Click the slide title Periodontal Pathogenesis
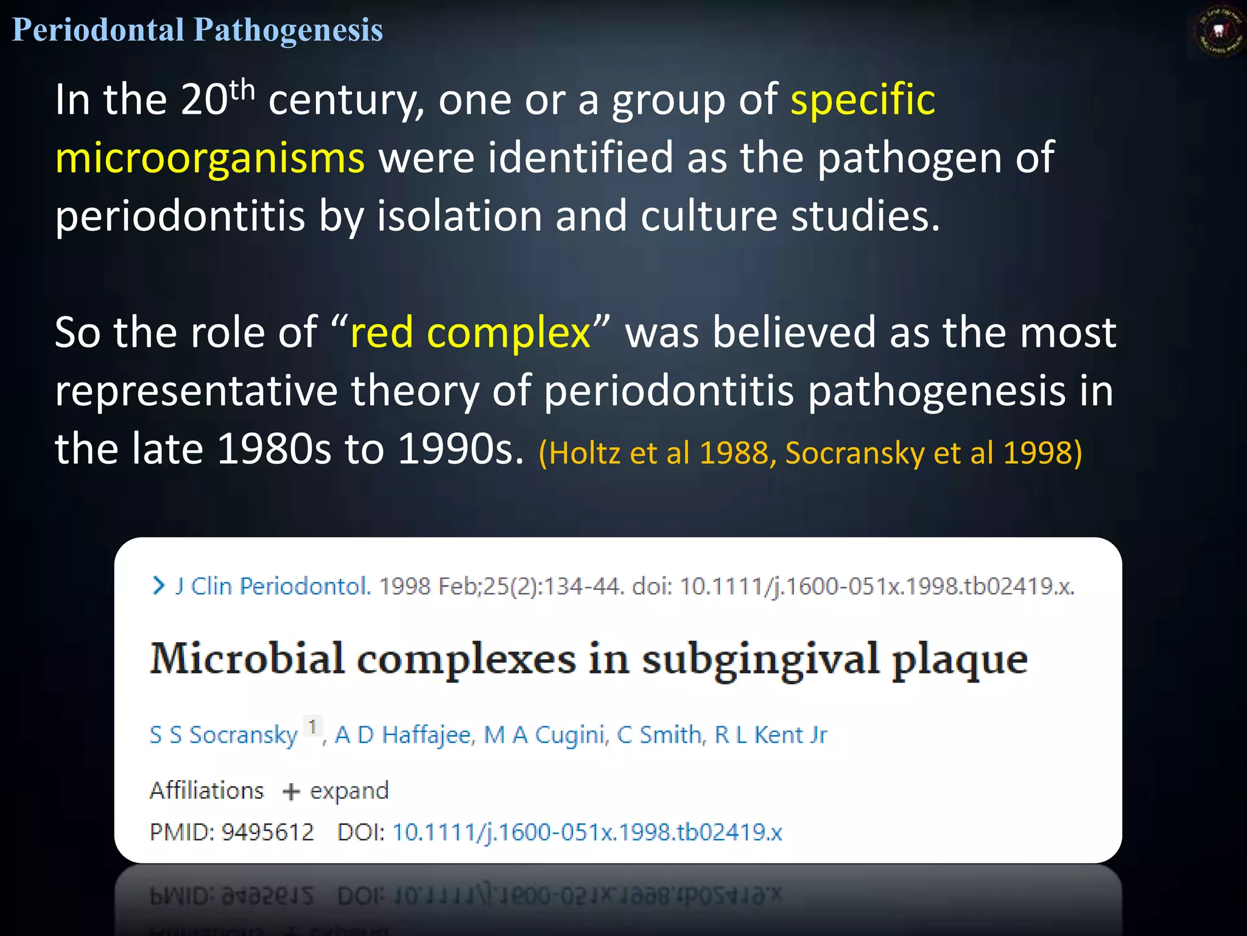pyautogui.click(x=197, y=30)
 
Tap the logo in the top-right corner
pyautogui.click(x=1218, y=31)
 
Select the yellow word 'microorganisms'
pyautogui.click(x=210, y=158)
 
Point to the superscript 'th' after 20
pyautogui.click(x=242, y=90)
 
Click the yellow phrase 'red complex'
pyautogui.click(x=470, y=333)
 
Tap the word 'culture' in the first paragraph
pyautogui.click(x=708, y=216)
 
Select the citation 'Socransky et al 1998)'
pyautogui.click(x=933, y=453)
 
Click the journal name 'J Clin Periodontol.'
pyautogui.click(x=273, y=586)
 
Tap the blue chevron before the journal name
pyautogui.click(x=158, y=586)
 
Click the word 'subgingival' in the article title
pyautogui.click(x=760, y=660)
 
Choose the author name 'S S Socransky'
pyautogui.click(x=223, y=735)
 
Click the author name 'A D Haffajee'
pyautogui.click(x=404, y=735)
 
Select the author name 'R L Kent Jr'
pyautogui.click(x=771, y=735)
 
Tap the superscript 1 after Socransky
pyautogui.click(x=312, y=726)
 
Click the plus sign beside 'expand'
pyautogui.click(x=291, y=792)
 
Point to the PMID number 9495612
pyautogui.click(x=267, y=832)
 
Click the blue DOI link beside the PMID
pyautogui.click(x=587, y=832)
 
